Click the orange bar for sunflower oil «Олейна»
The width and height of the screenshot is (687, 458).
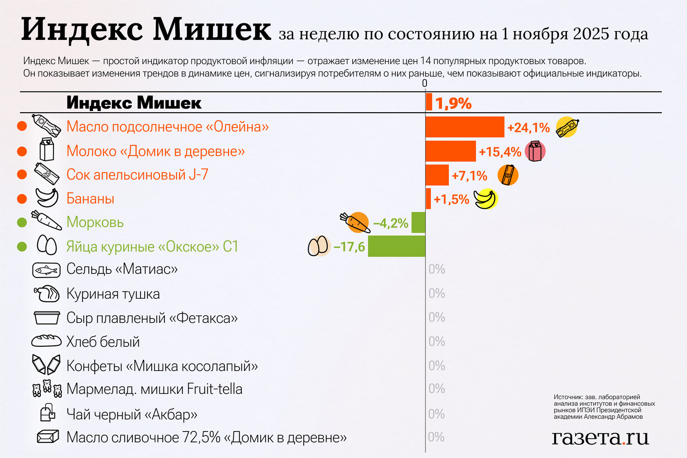(464, 127)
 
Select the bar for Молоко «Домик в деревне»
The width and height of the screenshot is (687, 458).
(451, 151)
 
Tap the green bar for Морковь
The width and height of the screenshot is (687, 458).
(418, 223)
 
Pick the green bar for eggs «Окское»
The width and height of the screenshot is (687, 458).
(397, 246)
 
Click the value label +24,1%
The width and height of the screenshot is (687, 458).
(528, 128)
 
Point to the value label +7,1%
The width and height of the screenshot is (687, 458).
(469, 176)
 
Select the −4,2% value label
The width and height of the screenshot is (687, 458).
(391, 224)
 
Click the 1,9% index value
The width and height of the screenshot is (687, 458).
(453, 104)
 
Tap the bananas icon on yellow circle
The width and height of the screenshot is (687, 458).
(485, 199)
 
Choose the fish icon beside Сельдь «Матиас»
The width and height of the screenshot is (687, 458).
(46, 270)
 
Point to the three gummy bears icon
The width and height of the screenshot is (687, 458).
(47, 389)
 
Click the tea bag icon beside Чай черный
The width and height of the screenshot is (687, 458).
(48, 413)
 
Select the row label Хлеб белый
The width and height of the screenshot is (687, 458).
(103, 342)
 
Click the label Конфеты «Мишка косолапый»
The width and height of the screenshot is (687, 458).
(162, 366)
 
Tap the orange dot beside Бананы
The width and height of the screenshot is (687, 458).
(22, 199)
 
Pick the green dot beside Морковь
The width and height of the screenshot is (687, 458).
(22, 223)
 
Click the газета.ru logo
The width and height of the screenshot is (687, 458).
(600, 437)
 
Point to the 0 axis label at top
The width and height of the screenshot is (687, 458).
(425, 83)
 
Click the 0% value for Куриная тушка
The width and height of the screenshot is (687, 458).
(436, 293)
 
